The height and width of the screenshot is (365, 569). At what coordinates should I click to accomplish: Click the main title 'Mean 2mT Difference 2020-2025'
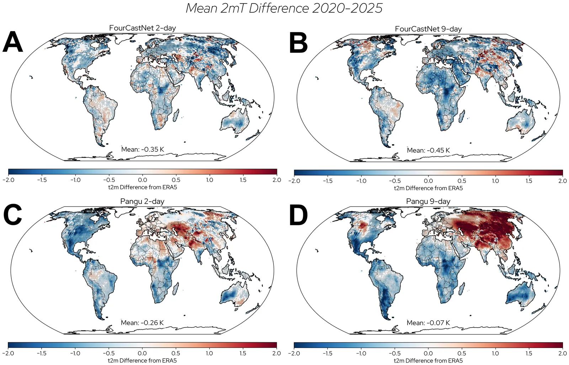tap(284, 8)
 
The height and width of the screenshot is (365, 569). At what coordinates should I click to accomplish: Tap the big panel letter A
tap(12, 42)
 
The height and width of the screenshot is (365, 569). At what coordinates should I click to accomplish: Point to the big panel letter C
tap(12, 215)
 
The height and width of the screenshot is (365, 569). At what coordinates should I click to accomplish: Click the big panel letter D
tap(298, 215)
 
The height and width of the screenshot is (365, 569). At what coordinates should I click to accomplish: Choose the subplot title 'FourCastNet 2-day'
tap(142, 28)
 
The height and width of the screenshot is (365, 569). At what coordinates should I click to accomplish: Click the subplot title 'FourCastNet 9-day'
tap(428, 29)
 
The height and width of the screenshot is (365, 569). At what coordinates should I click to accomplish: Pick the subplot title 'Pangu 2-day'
tap(142, 201)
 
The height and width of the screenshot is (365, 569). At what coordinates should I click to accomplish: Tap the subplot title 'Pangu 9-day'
tap(428, 201)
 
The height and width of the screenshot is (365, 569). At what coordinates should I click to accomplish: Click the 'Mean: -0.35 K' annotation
tap(142, 149)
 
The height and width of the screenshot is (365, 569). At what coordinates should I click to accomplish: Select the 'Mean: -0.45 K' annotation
tap(428, 150)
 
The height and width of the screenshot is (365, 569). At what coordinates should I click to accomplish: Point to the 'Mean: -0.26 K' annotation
tap(142, 323)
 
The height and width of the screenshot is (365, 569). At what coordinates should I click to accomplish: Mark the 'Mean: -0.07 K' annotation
tap(428, 323)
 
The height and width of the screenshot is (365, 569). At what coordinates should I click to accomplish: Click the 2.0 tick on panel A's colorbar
tap(276, 180)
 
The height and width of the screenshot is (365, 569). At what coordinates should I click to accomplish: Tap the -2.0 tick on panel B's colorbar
tap(294, 181)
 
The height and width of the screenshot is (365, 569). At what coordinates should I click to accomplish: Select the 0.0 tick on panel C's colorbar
tap(142, 353)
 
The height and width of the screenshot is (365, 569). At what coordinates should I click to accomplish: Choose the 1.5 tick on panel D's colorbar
tap(529, 353)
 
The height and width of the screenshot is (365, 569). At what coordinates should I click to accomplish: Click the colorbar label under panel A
tap(142, 187)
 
